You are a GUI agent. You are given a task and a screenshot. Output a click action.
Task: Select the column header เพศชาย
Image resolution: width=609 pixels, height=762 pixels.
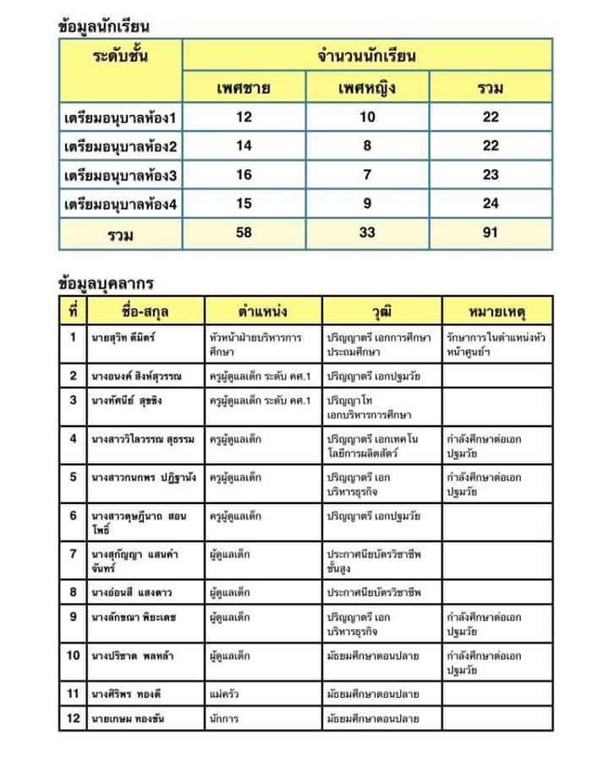(x=244, y=88)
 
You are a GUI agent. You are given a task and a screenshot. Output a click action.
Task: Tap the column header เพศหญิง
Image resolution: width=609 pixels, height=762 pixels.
(x=367, y=88)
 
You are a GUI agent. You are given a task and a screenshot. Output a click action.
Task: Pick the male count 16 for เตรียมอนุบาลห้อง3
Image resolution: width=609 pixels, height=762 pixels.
(x=244, y=176)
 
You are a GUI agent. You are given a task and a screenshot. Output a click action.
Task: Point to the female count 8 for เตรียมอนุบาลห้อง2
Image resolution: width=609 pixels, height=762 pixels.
(x=367, y=146)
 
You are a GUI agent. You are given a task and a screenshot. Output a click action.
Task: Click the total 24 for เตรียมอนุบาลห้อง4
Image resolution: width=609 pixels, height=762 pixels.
(x=491, y=204)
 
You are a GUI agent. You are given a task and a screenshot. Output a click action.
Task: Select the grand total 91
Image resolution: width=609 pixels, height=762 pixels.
(x=491, y=233)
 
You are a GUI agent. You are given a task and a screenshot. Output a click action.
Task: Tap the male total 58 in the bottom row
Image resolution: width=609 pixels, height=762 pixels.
(x=244, y=233)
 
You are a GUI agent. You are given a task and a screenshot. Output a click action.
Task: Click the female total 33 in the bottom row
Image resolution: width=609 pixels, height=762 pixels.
(x=367, y=233)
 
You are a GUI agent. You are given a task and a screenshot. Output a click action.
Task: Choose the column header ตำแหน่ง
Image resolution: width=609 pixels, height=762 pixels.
(x=263, y=311)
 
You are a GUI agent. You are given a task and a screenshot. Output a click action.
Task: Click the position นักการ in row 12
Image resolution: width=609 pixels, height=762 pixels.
(x=224, y=720)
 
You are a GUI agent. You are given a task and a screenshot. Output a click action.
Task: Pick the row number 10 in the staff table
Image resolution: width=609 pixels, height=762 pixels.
(x=73, y=655)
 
